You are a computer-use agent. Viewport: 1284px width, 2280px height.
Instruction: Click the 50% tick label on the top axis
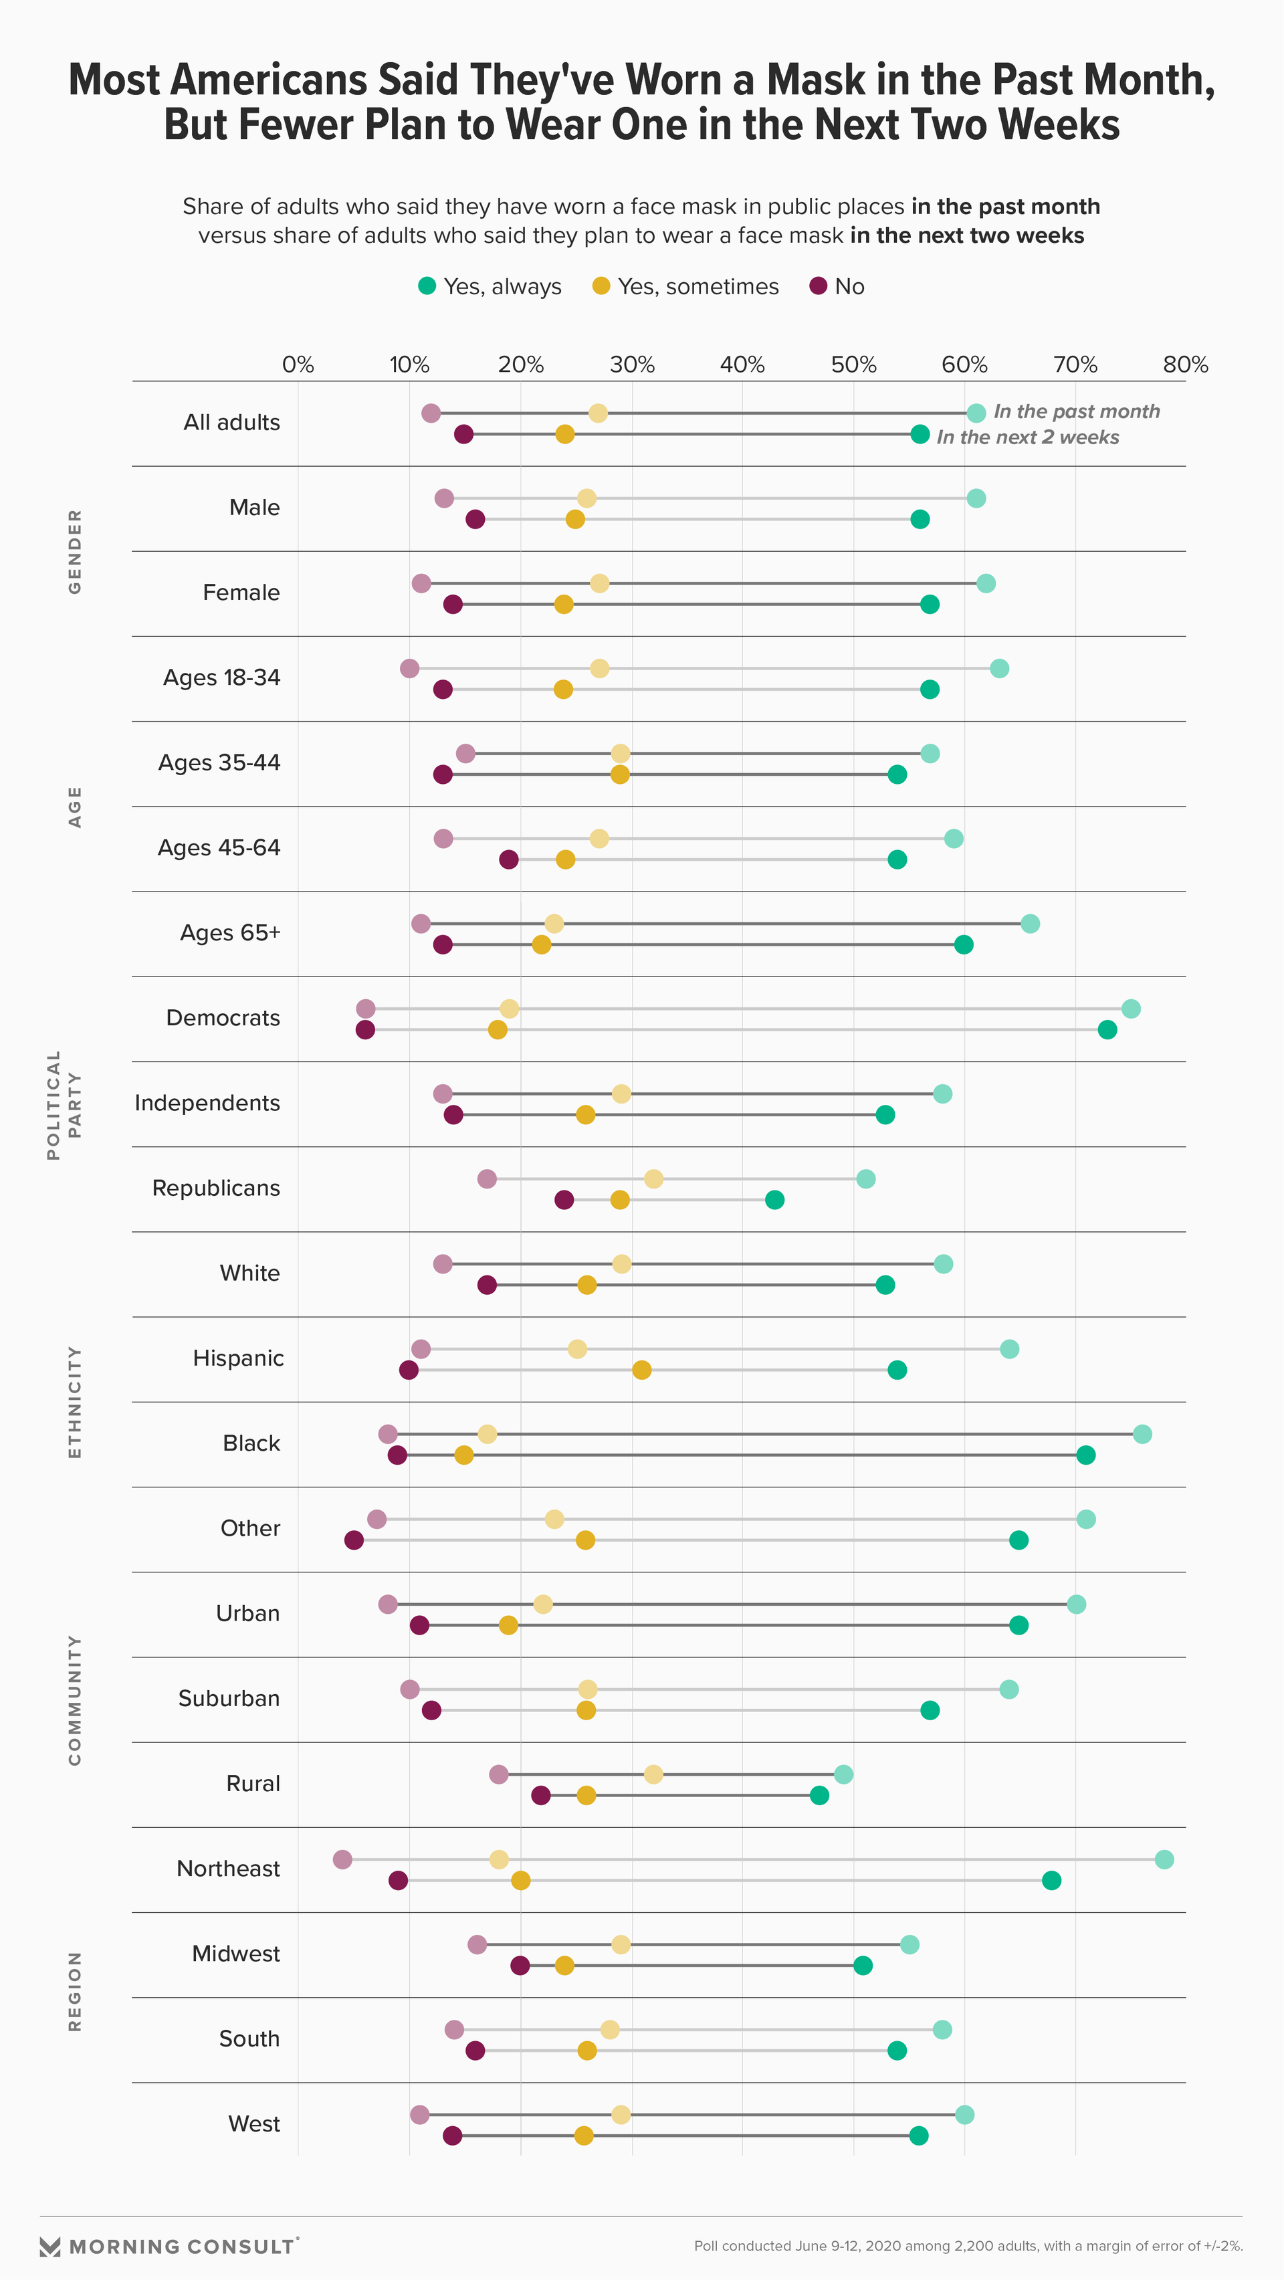click(x=853, y=365)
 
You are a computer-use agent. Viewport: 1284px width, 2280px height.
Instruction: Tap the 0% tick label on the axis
click(x=298, y=365)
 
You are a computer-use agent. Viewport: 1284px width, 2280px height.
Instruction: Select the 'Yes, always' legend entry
click(x=490, y=287)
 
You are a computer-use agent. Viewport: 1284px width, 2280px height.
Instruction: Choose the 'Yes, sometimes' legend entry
click(x=685, y=287)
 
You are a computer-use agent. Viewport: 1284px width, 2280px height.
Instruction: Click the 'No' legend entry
click(x=837, y=287)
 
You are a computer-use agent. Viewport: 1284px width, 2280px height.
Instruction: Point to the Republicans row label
click(x=216, y=1188)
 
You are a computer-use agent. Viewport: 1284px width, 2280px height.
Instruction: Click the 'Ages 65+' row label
click(x=230, y=933)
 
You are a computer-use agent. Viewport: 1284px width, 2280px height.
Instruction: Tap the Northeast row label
click(x=228, y=1869)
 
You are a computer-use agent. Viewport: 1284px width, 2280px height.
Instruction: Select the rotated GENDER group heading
click(x=75, y=551)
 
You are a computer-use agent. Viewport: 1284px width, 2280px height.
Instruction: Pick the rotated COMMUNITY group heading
click(x=75, y=1699)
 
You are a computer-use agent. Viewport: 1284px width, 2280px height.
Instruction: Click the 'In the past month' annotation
click(x=1076, y=411)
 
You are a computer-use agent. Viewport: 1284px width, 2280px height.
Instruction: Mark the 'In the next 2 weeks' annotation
click(x=1027, y=437)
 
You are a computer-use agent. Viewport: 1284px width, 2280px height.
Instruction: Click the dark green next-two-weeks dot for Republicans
click(x=774, y=1200)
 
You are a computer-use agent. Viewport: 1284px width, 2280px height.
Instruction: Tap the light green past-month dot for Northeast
click(x=1164, y=1859)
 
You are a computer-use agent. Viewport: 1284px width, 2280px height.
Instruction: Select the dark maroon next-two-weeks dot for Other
click(x=354, y=1541)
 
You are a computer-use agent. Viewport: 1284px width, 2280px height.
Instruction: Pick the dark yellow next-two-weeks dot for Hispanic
click(x=641, y=1370)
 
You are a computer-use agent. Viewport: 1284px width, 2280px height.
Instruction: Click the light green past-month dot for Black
click(x=1142, y=1434)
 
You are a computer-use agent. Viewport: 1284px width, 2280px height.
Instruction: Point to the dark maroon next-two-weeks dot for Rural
click(x=540, y=1796)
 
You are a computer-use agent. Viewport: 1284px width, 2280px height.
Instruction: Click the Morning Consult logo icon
click(x=50, y=2247)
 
